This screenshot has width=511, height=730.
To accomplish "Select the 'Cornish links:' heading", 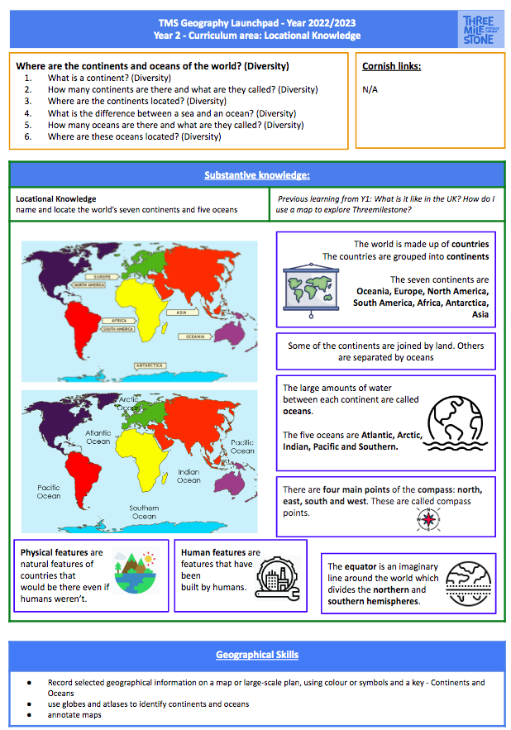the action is (x=391, y=66).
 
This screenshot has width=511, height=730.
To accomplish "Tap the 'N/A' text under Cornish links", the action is (x=370, y=89).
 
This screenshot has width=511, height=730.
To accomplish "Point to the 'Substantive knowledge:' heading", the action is (x=255, y=175).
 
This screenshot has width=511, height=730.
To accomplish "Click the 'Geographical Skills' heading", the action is (x=257, y=655).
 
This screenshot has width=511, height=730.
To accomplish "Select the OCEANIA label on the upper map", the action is (x=195, y=336).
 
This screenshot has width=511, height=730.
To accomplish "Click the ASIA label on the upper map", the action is (x=181, y=313).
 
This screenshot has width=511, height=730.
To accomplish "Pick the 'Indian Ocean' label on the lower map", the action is (x=189, y=475).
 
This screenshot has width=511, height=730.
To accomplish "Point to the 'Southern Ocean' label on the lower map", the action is (x=144, y=512).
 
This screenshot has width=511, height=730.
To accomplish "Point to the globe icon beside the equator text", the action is (x=467, y=582).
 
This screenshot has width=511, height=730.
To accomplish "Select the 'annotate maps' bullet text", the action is (x=75, y=714).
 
